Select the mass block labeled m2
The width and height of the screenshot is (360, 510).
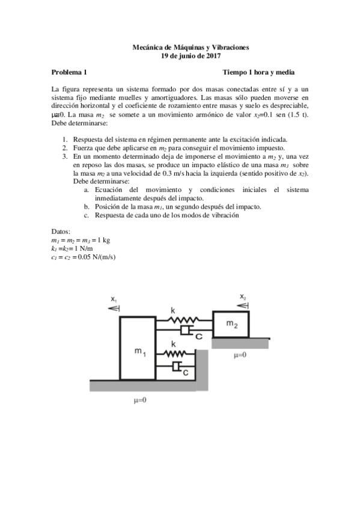point(231,324)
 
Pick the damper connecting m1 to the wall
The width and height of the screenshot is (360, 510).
point(175,366)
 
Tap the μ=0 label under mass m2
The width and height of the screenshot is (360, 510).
point(241,355)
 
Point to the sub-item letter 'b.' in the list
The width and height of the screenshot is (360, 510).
point(87,206)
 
